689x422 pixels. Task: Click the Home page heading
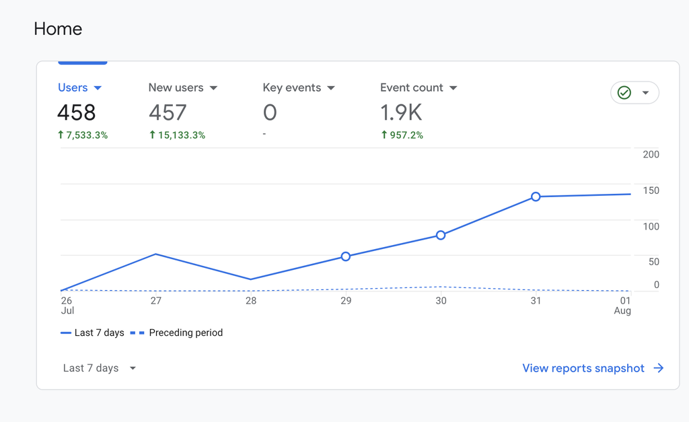point(58,29)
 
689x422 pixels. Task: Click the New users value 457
point(168,112)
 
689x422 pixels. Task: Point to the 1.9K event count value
point(401,112)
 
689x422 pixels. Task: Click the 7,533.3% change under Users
point(83,135)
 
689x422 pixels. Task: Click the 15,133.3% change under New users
point(177,135)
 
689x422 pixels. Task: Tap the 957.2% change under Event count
point(402,135)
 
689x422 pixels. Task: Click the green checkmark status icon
point(624,93)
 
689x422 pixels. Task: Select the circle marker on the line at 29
point(346,256)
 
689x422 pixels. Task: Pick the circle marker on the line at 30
point(441,235)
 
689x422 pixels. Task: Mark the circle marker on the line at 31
point(536,197)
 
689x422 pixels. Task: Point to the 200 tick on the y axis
point(651,155)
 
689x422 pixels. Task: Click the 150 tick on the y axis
point(651,190)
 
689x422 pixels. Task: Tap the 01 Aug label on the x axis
point(624,306)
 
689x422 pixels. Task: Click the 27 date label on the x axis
point(156,301)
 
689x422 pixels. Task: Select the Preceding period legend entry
point(176,332)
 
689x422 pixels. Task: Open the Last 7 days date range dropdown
point(99,368)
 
